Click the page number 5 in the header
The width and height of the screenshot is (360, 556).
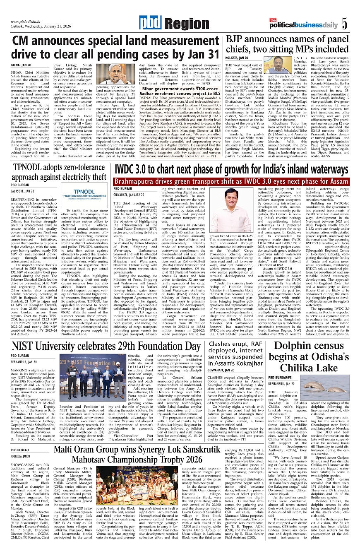tap(344, 24)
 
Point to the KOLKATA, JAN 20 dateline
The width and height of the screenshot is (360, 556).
tap(237, 58)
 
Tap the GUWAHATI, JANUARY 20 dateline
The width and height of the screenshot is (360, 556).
tap(129, 194)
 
